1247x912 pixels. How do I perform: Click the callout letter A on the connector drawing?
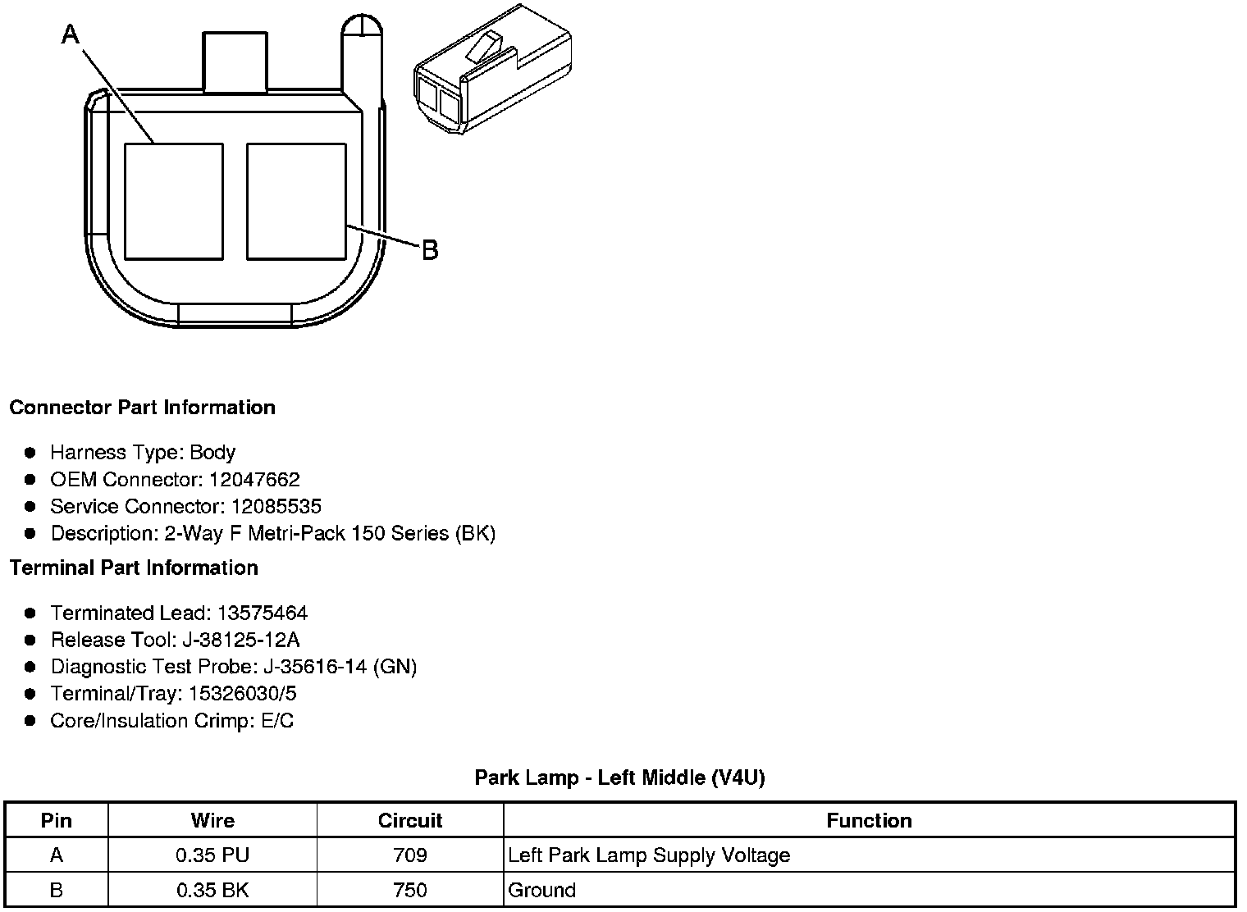tap(71, 34)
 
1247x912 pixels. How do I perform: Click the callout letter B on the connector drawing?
tap(430, 250)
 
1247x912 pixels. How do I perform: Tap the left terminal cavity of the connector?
tap(173, 202)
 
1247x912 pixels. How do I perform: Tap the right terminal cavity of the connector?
tap(296, 202)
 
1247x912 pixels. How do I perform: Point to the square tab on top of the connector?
tap(235, 62)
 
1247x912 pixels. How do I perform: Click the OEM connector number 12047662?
tap(254, 480)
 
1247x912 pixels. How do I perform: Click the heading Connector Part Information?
tap(142, 408)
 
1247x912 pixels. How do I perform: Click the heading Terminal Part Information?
tap(134, 568)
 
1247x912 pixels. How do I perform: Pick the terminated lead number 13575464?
tap(263, 613)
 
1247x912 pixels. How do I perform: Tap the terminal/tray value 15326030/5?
tap(243, 694)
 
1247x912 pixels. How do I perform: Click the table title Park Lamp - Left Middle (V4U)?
tap(619, 777)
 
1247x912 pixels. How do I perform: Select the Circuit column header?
tap(409, 821)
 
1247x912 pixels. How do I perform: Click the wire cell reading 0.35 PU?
tap(212, 855)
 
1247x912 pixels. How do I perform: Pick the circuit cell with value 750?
tap(409, 890)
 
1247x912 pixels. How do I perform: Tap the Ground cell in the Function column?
tap(542, 890)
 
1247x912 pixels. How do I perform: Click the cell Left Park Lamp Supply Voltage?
tap(649, 855)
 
